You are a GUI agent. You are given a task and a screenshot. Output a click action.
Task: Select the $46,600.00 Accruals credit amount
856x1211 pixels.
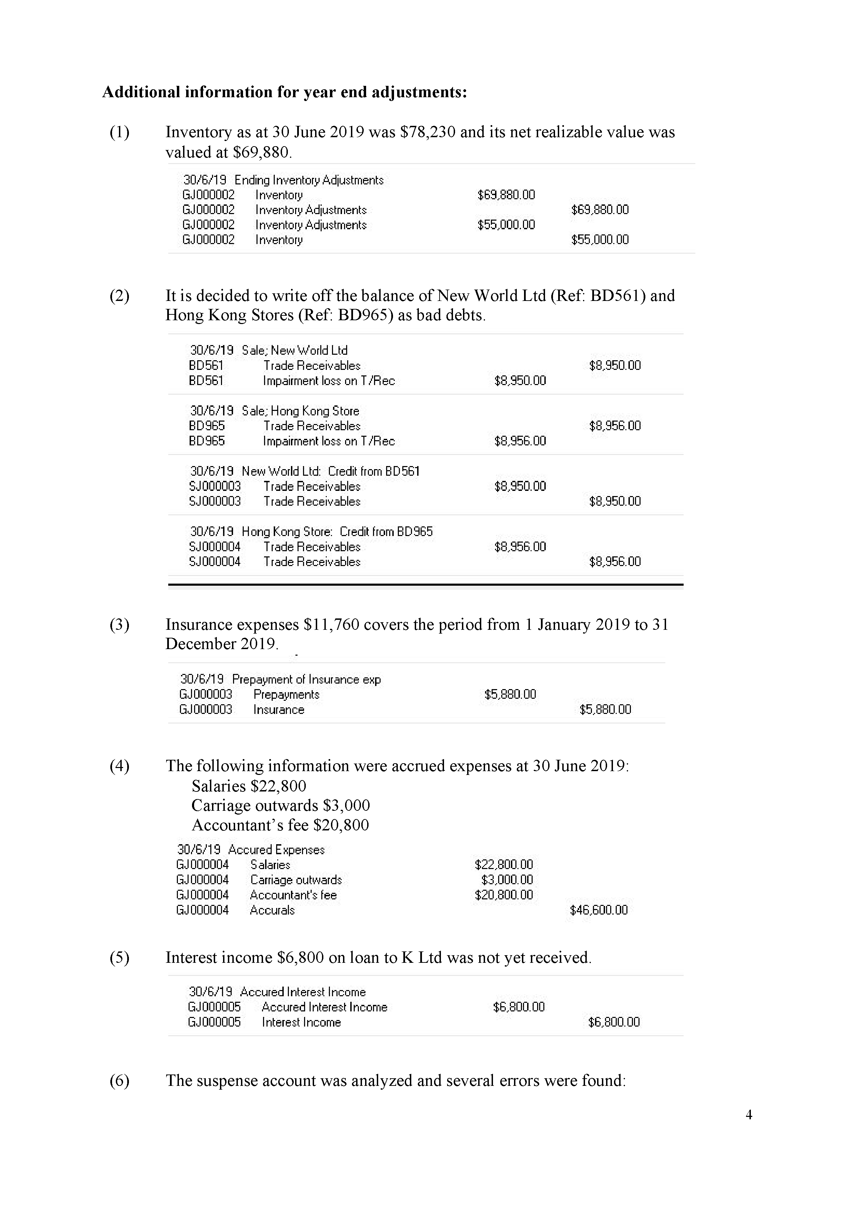(598, 910)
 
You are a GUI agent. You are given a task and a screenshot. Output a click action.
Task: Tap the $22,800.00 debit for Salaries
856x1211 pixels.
(504, 865)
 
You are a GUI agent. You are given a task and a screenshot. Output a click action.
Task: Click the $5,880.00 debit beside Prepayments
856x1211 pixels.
(510, 694)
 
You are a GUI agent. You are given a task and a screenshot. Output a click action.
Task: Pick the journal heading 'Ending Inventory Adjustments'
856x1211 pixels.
(309, 180)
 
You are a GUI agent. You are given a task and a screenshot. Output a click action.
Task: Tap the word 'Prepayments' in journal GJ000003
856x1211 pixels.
(286, 695)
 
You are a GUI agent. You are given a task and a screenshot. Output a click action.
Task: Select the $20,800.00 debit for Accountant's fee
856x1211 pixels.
(504, 895)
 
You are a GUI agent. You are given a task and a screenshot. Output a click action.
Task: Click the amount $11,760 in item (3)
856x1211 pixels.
(332, 625)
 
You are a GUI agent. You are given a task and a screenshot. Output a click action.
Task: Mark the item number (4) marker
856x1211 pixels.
(119, 766)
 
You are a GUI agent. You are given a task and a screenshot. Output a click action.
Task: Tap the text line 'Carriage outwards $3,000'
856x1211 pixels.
(281, 805)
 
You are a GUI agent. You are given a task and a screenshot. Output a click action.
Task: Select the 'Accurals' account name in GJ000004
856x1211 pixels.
(272, 910)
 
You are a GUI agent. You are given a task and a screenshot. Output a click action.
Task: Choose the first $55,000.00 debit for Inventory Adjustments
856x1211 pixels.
(506, 225)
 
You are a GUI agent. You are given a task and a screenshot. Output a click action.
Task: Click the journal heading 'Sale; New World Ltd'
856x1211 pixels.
(295, 350)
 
